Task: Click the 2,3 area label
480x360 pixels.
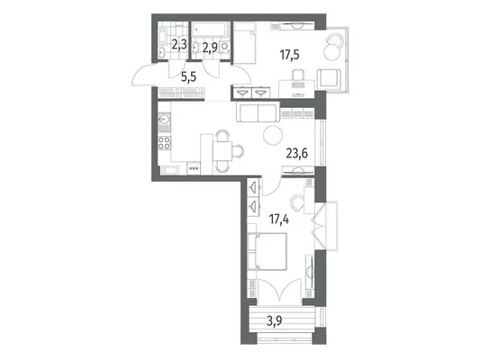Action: click(179, 45)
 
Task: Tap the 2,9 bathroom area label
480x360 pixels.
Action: click(210, 48)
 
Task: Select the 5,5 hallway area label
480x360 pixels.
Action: click(189, 77)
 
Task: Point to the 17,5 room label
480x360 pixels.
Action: click(289, 55)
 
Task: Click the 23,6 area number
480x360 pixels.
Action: click(296, 153)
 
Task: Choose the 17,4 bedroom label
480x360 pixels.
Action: click(279, 220)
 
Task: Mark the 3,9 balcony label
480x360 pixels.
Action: click(275, 321)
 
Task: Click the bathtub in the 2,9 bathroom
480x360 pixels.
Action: click(210, 31)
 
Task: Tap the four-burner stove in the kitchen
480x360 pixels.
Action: click(165, 143)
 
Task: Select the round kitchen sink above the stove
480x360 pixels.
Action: click(165, 119)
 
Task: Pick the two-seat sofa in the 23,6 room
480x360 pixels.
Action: click(258, 112)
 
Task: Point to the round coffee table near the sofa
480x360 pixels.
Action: click(273, 135)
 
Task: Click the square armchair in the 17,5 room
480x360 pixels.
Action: click(329, 78)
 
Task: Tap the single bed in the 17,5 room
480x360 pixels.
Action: click(245, 43)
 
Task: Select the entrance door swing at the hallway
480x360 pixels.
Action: click(144, 75)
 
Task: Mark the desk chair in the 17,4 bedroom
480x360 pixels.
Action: click(296, 203)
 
